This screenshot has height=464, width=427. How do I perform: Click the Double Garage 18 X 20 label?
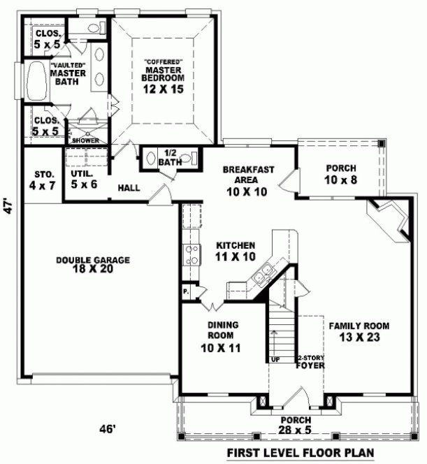94,265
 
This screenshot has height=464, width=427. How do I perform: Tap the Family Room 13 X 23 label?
359,331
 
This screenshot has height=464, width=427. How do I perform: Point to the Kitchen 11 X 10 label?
235,251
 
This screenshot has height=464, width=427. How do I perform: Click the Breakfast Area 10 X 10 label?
247,180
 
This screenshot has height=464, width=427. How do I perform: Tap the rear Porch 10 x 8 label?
340,174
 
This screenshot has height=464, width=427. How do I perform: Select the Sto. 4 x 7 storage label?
40,180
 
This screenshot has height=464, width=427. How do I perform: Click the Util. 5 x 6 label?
83,179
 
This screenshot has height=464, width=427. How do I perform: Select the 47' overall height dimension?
9,207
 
